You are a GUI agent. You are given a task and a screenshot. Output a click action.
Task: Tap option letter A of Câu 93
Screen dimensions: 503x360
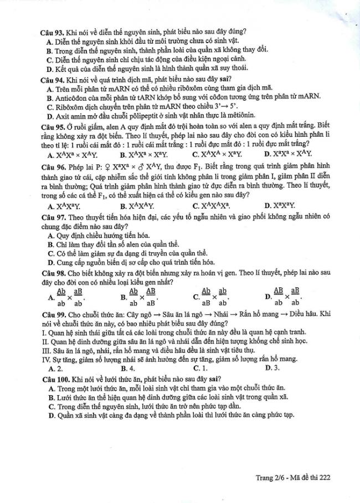(x=50, y=42)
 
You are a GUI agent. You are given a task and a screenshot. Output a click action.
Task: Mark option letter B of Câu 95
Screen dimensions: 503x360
(x=124, y=154)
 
